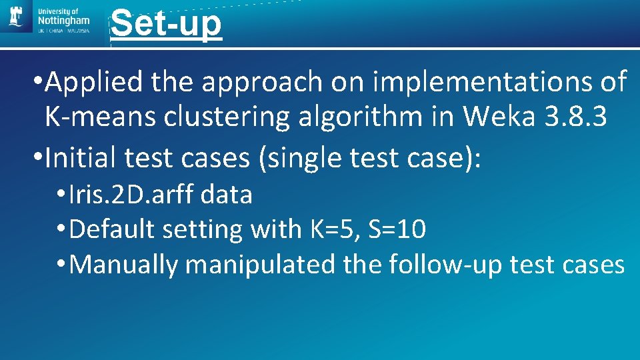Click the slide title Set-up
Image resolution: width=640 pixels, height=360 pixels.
166,24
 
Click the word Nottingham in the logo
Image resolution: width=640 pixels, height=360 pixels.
64,21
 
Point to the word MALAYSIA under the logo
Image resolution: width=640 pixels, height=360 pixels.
77,30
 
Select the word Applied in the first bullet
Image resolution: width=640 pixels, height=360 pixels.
95,83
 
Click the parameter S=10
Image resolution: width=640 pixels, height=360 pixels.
398,230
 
